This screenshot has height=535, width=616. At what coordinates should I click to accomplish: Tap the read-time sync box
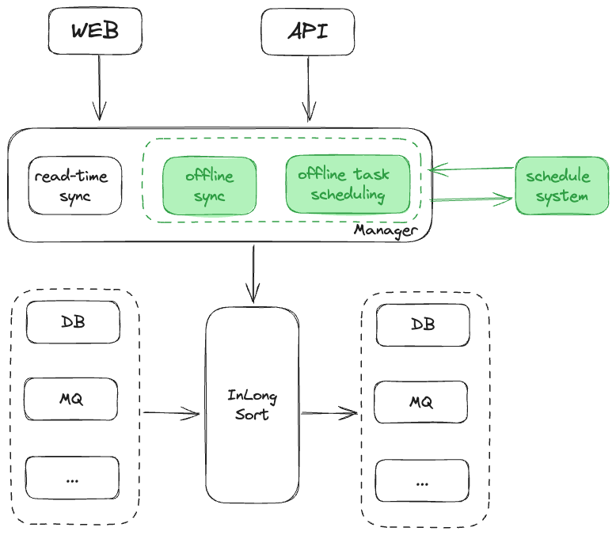coord(75,185)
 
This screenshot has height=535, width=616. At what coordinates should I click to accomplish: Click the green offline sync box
coord(210,185)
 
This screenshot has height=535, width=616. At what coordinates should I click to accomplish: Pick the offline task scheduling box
coord(348,184)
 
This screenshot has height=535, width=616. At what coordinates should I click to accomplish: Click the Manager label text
coord(385,230)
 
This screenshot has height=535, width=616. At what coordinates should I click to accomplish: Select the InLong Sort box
coord(253,404)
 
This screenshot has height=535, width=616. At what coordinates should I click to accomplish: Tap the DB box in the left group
coord(73,323)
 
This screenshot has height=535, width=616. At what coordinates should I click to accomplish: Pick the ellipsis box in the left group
coord(72,478)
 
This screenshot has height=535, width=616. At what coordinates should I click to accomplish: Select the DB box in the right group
coord(423,324)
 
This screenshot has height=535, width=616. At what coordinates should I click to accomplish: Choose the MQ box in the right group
coord(421,402)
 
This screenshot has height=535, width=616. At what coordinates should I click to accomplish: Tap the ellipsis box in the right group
coord(421,481)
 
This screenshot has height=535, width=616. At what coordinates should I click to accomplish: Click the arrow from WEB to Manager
coord(99,87)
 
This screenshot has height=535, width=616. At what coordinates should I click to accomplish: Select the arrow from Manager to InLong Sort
coord(253,274)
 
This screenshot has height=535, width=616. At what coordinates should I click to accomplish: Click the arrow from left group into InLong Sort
coord(170,412)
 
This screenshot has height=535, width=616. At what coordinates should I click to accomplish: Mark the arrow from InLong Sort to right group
coord(329,412)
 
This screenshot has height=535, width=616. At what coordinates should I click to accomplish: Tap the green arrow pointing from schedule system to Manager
coord(472,169)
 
